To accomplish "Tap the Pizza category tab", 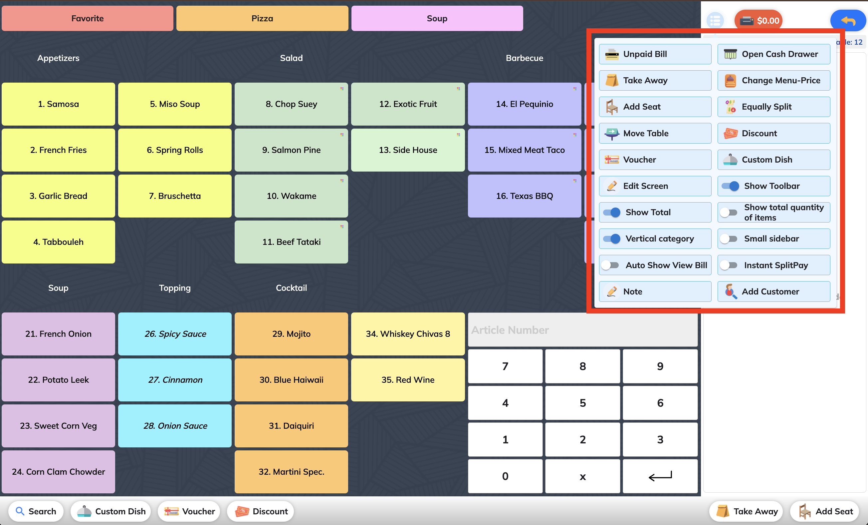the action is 262,18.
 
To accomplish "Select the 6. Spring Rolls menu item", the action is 175,150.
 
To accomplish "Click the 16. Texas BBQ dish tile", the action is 524,196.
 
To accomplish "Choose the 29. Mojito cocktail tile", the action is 291,333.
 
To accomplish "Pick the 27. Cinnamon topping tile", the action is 175,380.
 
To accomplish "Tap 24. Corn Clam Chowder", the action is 58,471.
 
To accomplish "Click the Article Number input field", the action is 582,330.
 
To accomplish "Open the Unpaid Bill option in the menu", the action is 655,54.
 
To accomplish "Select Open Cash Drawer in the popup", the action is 773,54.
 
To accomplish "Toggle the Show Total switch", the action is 611,212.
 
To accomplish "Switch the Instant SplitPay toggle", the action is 729,265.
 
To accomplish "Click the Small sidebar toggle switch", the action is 729,239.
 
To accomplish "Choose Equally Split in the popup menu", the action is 773,107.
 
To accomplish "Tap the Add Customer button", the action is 773,291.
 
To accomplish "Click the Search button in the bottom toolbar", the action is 36,511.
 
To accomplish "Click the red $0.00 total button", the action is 759,20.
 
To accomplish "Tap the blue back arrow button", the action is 848,20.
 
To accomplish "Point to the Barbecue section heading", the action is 524,58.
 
